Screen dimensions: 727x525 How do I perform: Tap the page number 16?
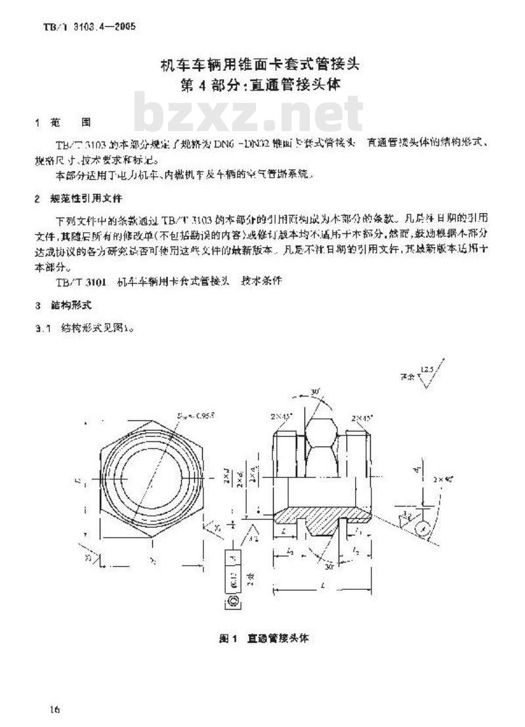tap(55, 709)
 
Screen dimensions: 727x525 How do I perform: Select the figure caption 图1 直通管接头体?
tap(263, 637)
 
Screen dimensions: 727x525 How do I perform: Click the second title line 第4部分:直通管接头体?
tap(262, 85)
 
